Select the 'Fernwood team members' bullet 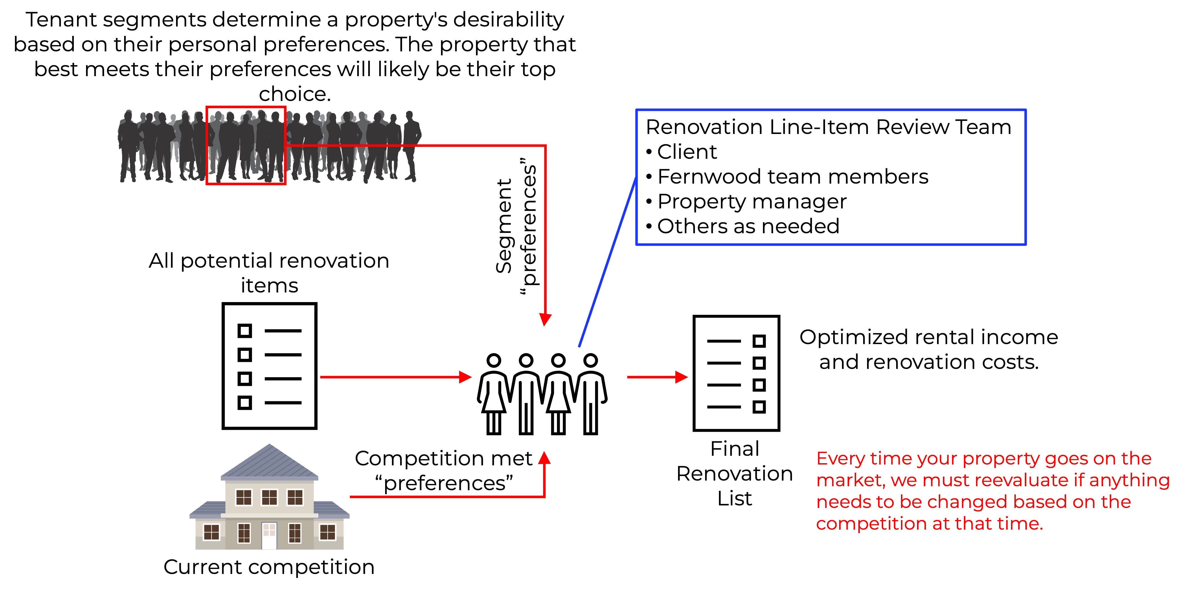(x=793, y=177)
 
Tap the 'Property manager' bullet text (x=752, y=202)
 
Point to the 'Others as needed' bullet (x=748, y=226)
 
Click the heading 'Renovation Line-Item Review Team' (x=828, y=127)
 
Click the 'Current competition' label (x=269, y=567)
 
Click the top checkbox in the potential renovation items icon (x=245, y=331)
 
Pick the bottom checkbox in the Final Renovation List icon (x=759, y=407)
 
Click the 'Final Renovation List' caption (x=735, y=474)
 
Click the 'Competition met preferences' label (x=444, y=470)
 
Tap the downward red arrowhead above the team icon (x=546, y=319)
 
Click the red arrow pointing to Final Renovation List (x=657, y=377)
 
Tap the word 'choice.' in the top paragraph (x=295, y=94)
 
